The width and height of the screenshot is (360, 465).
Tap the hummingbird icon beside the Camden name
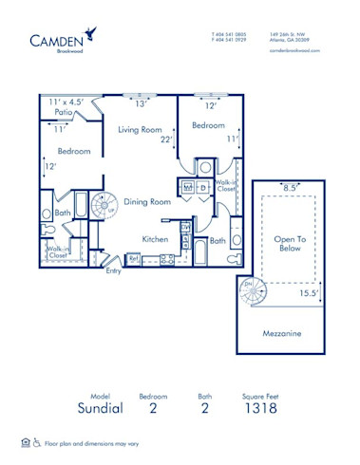[x=90, y=35]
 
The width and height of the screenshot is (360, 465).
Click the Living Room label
[x=142, y=130]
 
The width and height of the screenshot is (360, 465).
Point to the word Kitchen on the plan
[x=156, y=239]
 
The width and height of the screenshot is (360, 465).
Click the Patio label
[x=63, y=112]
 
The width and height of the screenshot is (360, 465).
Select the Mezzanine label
[x=283, y=334]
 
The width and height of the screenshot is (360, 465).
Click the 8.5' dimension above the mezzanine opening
[x=291, y=188]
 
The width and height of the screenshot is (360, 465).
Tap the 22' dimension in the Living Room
[x=166, y=139]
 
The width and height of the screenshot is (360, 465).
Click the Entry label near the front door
[x=114, y=270]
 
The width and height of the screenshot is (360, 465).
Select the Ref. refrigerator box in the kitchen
[x=134, y=257]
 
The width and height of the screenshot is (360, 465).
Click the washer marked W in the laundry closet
[x=188, y=188]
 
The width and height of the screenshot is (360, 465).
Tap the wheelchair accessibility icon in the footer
[x=37, y=442]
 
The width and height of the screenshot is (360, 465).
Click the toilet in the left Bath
[x=48, y=229]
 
